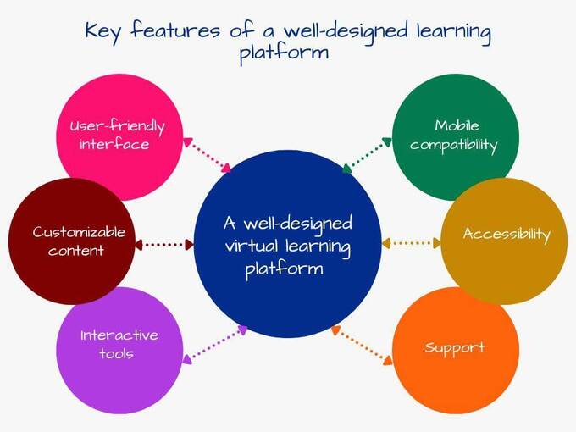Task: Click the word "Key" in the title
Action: pyautogui.click(x=102, y=31)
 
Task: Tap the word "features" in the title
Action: pyautogui.click(x=175, y=30)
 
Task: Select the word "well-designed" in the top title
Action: pyautogui.click(x=346, y=32)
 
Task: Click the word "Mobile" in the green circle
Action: pyautogui.click(x=457, y=125)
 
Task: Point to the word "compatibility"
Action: pyautogui.click(x=454, y=145)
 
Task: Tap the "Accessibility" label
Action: pyautogui.click(x=507, y=235)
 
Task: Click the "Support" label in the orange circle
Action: pyautogui.click(x=455, y=347)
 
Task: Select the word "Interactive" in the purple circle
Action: pyautogui.click(x=119, y=335)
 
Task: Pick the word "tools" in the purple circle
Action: pyautogui.click(x=116, y=353)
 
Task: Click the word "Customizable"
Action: pyautogui.click(x=79, y=232)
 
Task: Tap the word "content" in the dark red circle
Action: pyautogui.click(x=75, y=251)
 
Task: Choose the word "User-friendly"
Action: pyautogui.click(x=117, y=127)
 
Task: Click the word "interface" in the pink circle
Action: pyautogui.click(x=114, y=144)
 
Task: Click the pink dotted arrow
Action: pyautogui.click(x=207, y=155)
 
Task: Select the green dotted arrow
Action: pyautogui.click(x=367, y=155)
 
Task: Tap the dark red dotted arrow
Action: pyautogui.click(x=164, y=245)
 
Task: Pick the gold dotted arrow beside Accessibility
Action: pyautogui.click(x=412, y=243)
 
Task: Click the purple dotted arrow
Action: pyautogui.click(x=215, y=345)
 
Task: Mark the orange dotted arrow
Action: pyautogui.click(x=362, y=346)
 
